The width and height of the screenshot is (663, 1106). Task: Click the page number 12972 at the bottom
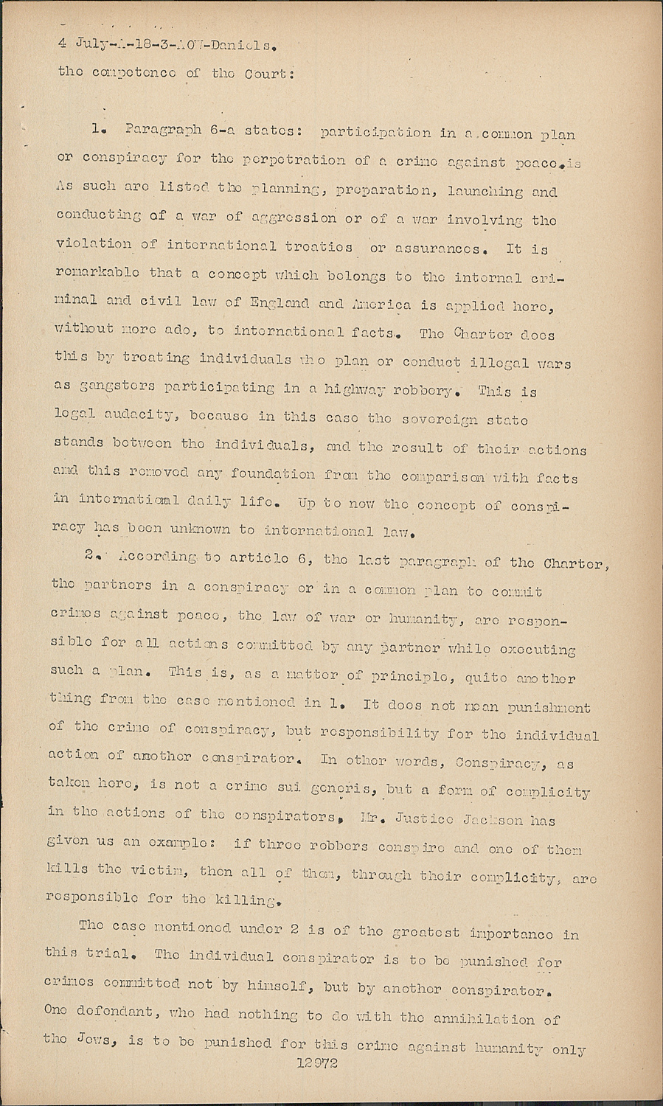click(x=316, y=1064)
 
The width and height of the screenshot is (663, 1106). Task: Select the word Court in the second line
click(x=268, y=74)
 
